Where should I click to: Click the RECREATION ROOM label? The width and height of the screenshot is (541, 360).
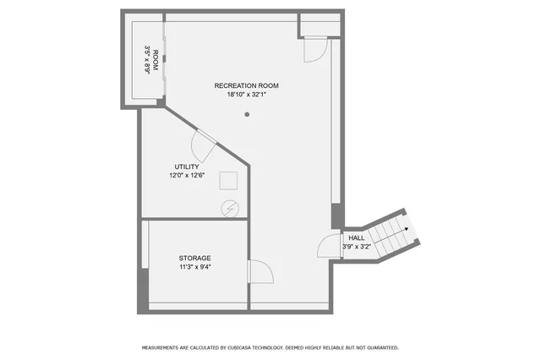(246, 86)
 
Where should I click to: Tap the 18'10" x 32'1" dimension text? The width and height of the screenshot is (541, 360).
(246, 95)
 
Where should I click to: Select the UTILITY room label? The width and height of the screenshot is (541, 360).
(187, 167)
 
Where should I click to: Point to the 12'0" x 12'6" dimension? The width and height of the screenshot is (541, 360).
(187, 176)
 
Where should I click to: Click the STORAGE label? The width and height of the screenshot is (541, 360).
(194, 258)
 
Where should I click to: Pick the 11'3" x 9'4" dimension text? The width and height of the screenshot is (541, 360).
(194, 267)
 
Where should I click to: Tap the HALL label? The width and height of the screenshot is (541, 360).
(357, 238)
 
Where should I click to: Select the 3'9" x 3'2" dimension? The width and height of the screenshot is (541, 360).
(357, 247)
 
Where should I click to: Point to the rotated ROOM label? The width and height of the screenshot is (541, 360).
(156, 62)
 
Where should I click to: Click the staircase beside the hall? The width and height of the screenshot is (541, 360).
(388, 234)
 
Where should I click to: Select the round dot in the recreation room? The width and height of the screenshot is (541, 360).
(247, 115)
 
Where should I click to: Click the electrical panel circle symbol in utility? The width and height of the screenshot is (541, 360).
(229, 208)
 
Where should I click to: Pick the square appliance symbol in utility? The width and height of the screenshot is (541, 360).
(228, 180)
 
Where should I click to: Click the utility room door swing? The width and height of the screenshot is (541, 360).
(205, 145)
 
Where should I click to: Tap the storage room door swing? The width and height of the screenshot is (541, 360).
(260, 272)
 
